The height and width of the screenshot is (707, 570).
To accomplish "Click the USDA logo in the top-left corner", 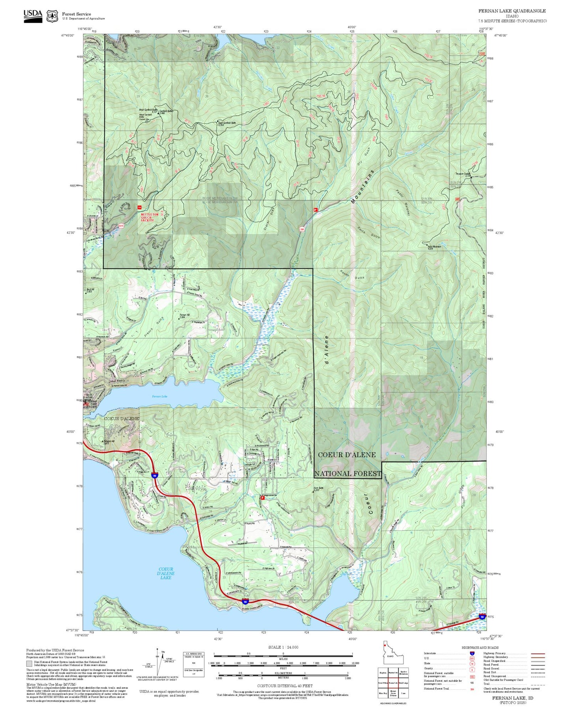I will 33,15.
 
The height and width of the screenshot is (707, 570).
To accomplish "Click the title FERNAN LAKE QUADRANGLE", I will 512,11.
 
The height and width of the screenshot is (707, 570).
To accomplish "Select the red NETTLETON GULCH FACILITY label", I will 150,217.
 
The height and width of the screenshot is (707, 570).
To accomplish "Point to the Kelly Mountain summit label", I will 434,247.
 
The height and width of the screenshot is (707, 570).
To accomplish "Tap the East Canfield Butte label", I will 227,123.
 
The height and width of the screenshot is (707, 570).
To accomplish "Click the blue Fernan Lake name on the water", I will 160,396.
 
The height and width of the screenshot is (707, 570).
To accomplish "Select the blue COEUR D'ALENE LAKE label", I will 166,573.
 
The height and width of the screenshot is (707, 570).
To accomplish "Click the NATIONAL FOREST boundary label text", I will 348,473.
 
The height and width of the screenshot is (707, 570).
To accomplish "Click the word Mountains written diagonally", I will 362,187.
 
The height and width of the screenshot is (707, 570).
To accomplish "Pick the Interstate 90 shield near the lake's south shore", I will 245,601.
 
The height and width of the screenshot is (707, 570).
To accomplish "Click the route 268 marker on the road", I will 302,229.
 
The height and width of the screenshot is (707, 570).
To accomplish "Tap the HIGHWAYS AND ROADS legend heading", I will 480,647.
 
